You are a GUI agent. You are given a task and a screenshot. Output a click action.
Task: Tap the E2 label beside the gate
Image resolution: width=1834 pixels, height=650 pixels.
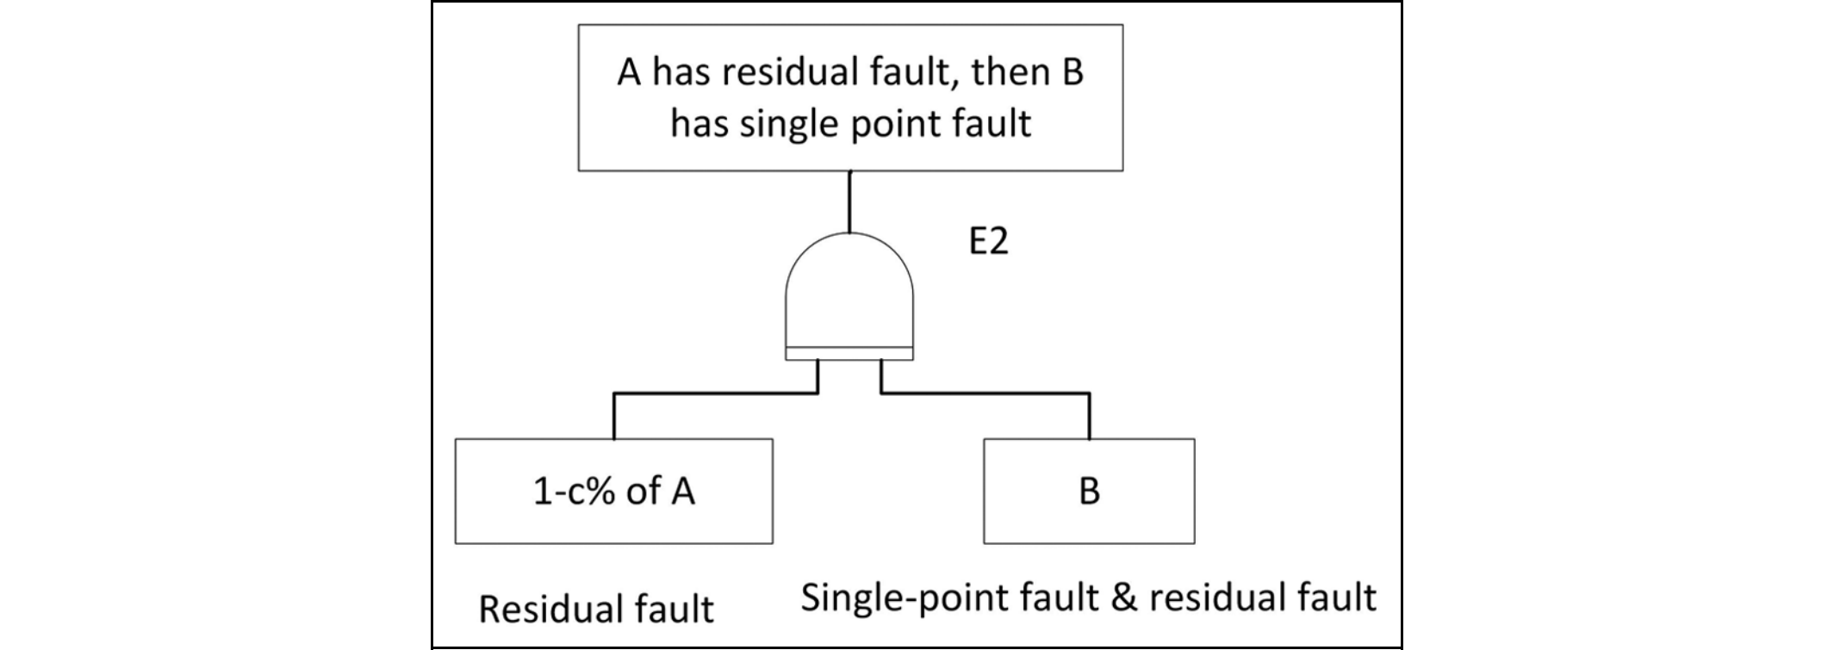coord(988,243)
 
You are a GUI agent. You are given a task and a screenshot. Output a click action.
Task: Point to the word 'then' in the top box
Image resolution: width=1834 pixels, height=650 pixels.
coord(1000,73)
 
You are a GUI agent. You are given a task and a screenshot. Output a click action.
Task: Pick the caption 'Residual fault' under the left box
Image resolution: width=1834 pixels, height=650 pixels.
coord(596,610)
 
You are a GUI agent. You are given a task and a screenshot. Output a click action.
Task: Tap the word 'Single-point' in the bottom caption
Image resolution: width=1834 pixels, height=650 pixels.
coord(905,597)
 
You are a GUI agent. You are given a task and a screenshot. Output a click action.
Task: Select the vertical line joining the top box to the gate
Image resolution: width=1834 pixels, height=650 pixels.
coord(850,201)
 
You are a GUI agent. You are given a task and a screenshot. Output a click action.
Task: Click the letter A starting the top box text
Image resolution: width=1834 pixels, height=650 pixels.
coord(630,73)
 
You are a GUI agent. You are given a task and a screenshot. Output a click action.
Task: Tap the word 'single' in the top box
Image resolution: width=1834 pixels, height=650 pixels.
coord(785,124)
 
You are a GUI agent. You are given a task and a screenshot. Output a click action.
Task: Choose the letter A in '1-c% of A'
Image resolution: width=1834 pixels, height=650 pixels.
coord(682,492)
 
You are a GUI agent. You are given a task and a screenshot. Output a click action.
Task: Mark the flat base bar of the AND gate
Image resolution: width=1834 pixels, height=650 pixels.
coord(849,354)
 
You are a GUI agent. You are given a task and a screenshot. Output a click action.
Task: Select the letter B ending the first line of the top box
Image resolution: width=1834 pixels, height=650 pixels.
coord(1072,73)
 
